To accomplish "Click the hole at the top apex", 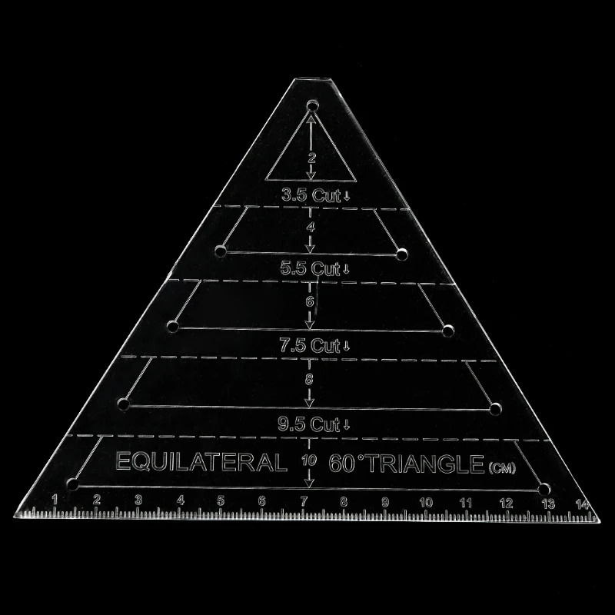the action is pos(313,106).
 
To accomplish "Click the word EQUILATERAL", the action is pos(201,462).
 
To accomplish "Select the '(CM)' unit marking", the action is pos(502,468).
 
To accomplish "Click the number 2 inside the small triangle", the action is pos(311,158).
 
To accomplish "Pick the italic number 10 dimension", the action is pos(309,460).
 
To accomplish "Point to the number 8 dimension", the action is pos(310,379).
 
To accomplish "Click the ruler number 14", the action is pos(582,504).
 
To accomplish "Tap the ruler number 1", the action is pos(55,499).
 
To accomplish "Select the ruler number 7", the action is pos(304,501).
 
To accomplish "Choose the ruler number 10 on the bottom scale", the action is pos(426,503).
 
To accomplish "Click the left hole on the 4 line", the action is pos(221,251).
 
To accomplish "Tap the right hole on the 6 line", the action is pos(447,331).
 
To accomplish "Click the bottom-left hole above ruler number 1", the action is pos(72,484).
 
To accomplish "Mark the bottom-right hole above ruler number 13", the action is pos(544,490).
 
